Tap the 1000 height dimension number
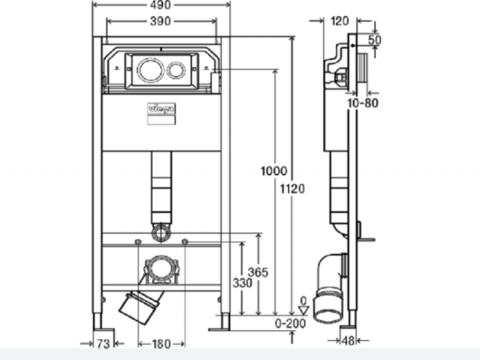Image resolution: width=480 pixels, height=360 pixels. click(x=274, y=170)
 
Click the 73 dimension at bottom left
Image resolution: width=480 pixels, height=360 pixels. click(x=102, y=344)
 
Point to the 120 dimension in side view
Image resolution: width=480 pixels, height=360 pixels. click(x=339, y=22)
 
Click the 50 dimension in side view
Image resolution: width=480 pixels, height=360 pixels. click(x=375, y=39)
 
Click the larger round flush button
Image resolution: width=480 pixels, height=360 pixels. click(x=148, y=69)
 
